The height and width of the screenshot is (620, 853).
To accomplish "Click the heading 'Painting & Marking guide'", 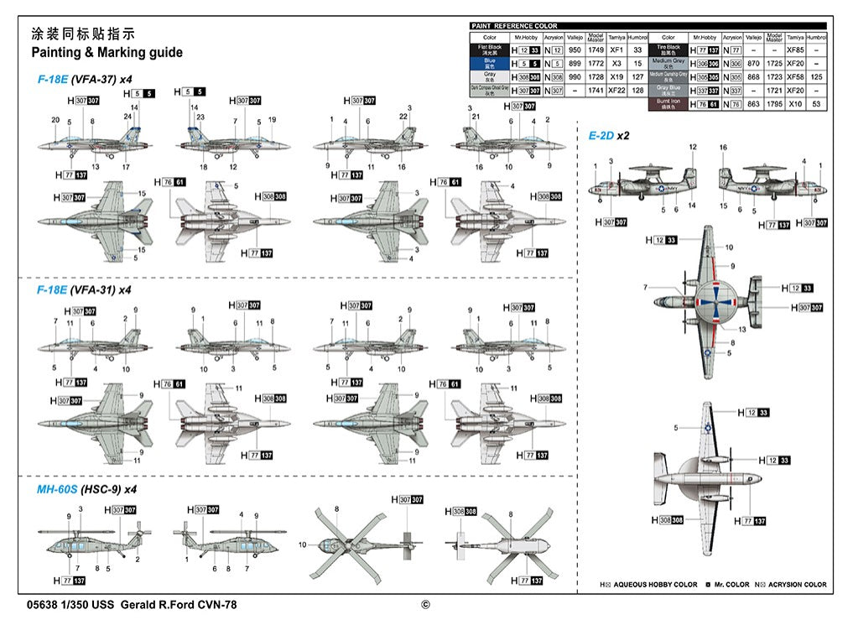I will click(106, 53).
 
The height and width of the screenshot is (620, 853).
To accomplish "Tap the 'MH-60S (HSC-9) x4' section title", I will click(86, 489).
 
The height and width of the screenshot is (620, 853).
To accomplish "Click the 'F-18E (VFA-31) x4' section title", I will click(84, 289).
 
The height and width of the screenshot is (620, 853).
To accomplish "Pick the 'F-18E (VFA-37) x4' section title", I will click(84, 79).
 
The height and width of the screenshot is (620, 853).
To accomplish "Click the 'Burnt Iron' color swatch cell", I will click(668, 104).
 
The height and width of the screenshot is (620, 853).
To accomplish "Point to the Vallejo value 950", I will click(575, 50).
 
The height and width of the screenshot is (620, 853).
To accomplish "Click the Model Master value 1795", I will click(774, 104).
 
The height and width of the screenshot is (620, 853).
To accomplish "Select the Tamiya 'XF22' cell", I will click(616, 91).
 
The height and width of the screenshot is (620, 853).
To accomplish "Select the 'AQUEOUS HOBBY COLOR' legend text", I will click(655, 585).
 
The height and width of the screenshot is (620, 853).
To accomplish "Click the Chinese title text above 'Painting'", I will click(82, 34).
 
